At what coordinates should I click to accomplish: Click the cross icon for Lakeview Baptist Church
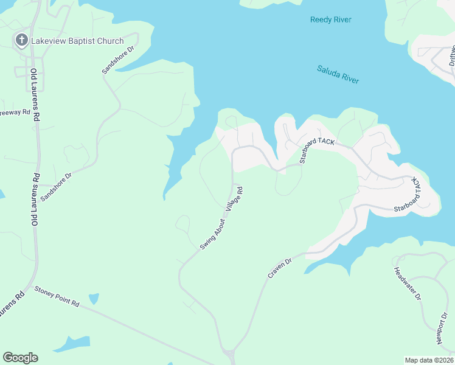tap(21, 41)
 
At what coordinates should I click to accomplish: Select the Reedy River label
tap(331, 20)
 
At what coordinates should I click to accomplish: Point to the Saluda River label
tap(338, 75)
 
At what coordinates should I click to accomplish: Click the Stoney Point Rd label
tap(57, 296)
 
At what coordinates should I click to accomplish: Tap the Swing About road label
tap(212, 234)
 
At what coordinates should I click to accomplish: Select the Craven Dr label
tap(280, 268)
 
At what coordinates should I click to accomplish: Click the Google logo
tap(20, 358)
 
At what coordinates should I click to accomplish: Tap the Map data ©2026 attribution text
tap(429, 360)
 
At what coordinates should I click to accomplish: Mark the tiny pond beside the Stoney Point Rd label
tap(93, 299)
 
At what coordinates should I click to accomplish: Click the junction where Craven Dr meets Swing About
tap(230, 352)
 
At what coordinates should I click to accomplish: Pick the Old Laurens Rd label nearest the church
tap(35, 94)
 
